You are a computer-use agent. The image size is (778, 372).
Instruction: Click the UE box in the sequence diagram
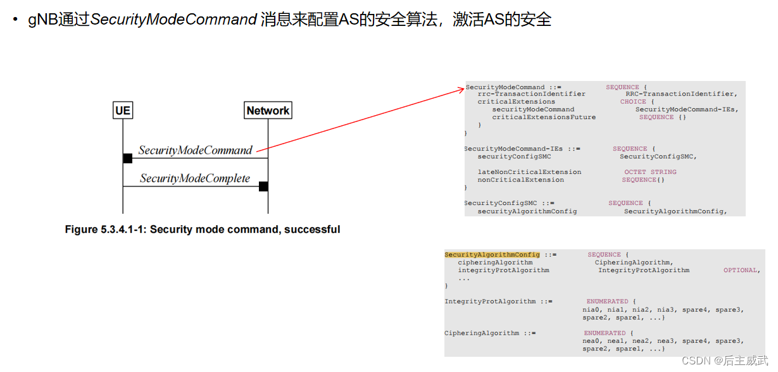(123, 111)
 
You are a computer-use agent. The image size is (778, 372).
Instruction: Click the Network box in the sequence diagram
(268, 111)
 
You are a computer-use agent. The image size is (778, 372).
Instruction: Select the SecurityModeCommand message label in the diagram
(195, 151)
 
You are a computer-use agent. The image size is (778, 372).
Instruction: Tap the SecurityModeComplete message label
(195, 178)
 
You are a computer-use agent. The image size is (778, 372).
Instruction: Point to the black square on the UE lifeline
(127, 158)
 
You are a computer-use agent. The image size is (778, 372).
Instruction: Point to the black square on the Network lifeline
(263, 186)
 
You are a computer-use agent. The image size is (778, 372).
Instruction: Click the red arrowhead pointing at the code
(461, 90)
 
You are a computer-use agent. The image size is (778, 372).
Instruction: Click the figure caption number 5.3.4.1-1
(122, 230)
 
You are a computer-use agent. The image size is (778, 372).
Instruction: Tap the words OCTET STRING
(650, 172)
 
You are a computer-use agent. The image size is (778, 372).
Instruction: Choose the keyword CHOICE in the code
(633, 102)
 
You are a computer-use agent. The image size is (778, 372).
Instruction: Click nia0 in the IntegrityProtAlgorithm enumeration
(591, 309)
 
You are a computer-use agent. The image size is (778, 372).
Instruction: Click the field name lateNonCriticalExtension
(529, 172)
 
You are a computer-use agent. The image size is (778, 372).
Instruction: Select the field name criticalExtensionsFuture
(544, 117)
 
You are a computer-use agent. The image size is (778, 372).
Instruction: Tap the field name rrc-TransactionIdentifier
(522, 94)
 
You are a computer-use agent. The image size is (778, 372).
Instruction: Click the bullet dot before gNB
(16, 20)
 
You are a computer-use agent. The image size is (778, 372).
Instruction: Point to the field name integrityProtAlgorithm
(503, 270)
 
